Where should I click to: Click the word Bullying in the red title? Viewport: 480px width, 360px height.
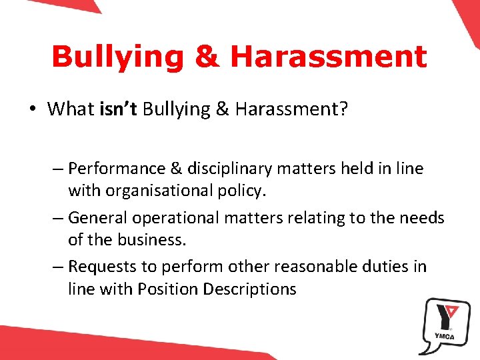pos(117,57)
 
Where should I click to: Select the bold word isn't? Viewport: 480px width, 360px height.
pos(117,109)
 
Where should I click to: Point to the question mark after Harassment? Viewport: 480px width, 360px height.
pos(343,109)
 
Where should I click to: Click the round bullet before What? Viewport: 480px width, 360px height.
pos(32,109)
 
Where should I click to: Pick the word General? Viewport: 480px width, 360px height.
pos(99,217)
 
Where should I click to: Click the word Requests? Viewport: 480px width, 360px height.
pos(101,267)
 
